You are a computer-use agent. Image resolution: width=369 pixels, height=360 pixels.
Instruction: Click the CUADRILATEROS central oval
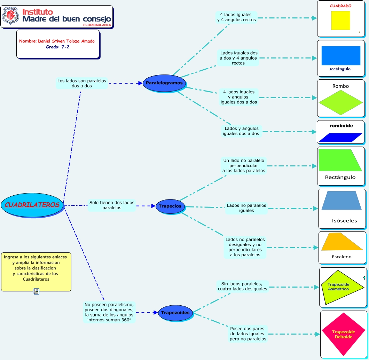[32, 205]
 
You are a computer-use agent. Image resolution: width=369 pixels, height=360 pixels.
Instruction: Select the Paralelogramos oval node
[164, 83]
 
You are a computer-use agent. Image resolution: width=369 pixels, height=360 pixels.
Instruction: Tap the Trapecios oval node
[170, 206]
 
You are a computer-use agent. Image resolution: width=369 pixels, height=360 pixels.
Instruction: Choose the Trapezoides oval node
[175, 312]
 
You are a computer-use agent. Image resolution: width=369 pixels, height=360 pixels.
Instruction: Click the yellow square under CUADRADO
[340, 20]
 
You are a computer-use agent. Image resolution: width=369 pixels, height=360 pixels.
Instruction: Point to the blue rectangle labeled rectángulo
[340, 55]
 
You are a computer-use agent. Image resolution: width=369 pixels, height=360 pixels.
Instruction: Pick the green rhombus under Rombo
[340, 102]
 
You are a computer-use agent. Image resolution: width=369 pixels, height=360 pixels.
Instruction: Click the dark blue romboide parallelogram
[340, 138]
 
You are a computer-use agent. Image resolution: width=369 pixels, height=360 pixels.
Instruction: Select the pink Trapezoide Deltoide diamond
[343, 334]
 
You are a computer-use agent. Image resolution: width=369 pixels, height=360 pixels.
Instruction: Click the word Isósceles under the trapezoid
[344, 220]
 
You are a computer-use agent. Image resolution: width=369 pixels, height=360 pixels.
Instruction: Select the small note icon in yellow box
[36, 291]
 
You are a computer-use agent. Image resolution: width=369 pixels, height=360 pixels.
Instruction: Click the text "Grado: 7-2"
[57, 47]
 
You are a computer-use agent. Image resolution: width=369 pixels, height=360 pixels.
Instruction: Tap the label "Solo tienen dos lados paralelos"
[111, 205]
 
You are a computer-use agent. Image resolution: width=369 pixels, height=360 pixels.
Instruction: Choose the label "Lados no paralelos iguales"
[246, 208]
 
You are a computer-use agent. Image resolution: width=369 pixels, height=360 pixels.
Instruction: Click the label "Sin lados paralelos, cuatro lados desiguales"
[242, 286]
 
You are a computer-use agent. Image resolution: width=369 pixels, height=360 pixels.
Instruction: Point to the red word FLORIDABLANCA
[97, 25]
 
